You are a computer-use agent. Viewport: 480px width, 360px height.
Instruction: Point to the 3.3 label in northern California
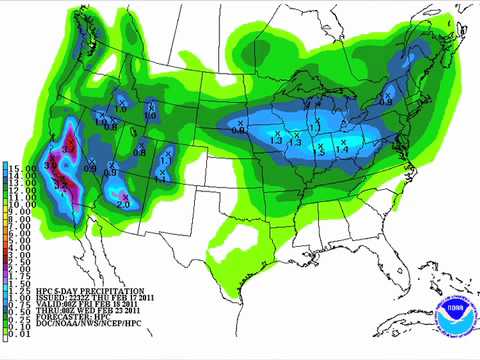pyautogui.click(x=68, y=147)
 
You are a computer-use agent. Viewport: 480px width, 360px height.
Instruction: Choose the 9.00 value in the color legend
pyautogui.click(x=21, y=211)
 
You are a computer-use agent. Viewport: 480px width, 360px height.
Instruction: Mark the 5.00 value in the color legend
pyautogui.click(x=21, y=241)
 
